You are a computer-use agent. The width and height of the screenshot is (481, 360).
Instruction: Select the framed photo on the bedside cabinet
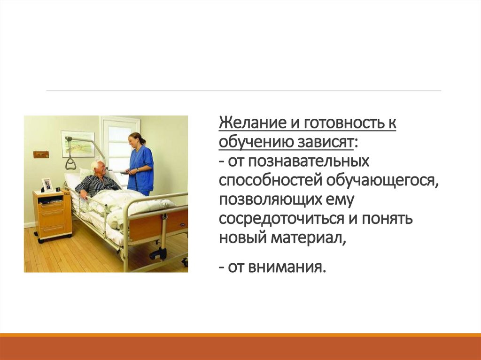pyautogui.click(x=47, y=184)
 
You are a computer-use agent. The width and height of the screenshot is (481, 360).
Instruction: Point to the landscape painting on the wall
pyautogui.click(x=78, y=144)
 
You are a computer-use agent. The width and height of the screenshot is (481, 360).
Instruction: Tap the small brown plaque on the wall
pyautogui.click(x=41, y=154)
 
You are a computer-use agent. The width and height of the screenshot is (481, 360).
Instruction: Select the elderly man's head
pyautogui.click(x=98, y=168)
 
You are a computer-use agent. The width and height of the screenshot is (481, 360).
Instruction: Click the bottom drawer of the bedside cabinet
pyautogui.click(x=53, y=228)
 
